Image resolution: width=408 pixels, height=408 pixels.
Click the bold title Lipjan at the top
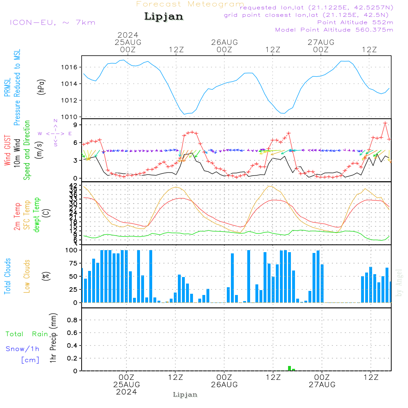[164, 17]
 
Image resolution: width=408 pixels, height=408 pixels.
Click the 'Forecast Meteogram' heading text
[190, 4]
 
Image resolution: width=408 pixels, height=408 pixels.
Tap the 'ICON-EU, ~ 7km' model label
[52, 22]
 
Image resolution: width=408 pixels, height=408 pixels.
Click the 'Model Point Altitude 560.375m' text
[334, 30]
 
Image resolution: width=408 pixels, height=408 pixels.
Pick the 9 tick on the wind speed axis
[76, 125]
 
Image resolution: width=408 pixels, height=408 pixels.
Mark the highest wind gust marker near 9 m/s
[385, 123]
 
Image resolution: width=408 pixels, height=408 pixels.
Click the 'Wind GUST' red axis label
[7, 151]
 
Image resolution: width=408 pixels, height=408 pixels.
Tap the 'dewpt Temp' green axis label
[37, 215]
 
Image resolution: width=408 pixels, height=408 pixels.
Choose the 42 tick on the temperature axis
[75, 186]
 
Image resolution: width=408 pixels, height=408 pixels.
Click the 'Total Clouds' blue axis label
[7, 276]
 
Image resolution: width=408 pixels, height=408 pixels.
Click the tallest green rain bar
[289, 368]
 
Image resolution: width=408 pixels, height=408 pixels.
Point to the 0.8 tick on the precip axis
[72, 320]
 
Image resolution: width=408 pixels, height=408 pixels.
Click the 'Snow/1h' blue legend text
[22, 349]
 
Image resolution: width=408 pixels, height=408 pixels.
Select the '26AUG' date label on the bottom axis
[224, 385]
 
